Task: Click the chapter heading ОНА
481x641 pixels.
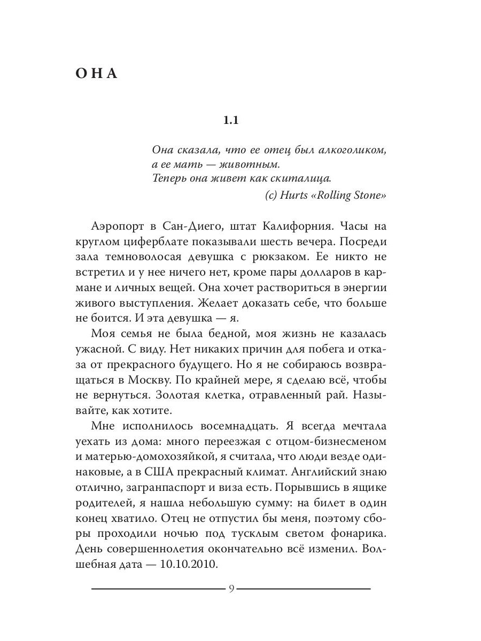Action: [96, 73]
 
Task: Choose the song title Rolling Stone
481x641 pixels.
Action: [356, 196]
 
